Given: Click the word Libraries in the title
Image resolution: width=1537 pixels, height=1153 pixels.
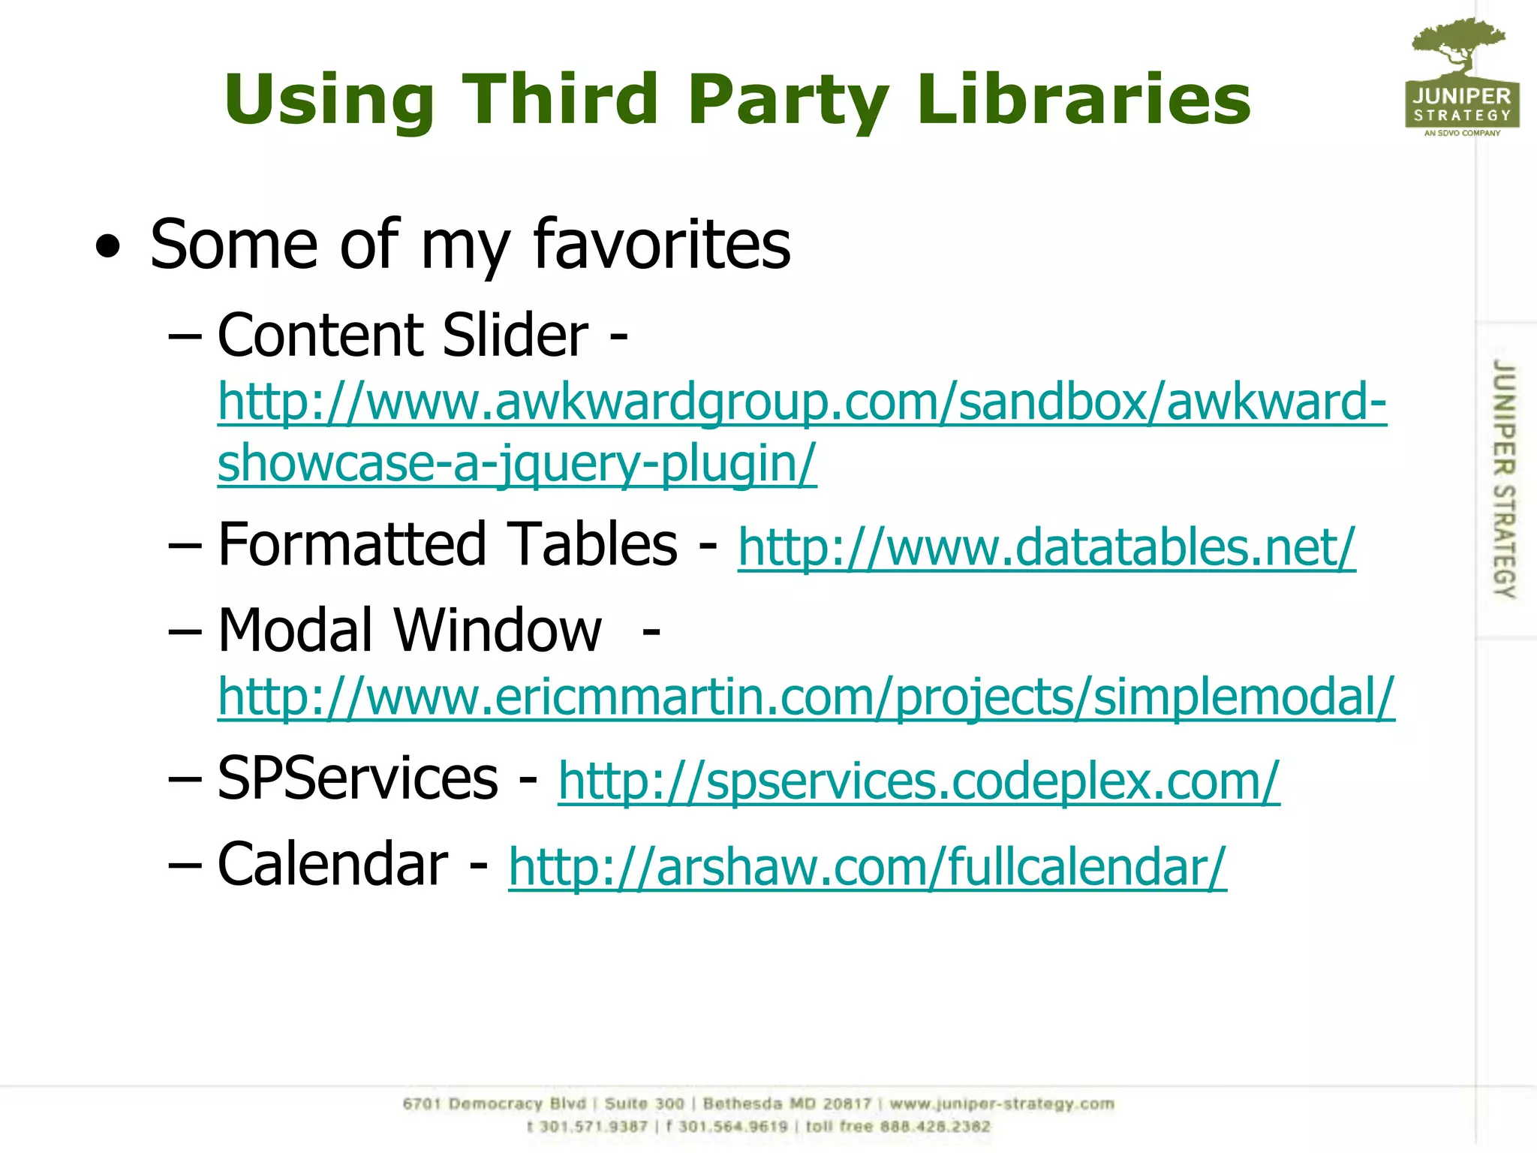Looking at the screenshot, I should pyautogui.click(x=1084, y=100).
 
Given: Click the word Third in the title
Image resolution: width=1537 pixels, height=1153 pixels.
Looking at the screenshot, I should pyautogui.click(x=560, y=100).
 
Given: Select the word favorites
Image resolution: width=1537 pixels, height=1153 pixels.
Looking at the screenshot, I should pyautogui.click(x=661, y=245).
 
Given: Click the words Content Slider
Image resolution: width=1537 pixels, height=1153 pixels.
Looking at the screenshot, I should pyautogui.click(x=403, y=336).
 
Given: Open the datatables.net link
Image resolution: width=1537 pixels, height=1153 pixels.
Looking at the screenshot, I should pyautogui.click(x=1046, y=547).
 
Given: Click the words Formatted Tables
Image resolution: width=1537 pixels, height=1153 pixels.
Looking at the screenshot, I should pyautogui.click(x=447, y=544).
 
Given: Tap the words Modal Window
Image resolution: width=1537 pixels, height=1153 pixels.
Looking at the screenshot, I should pyautogui.click(x=410, y=631).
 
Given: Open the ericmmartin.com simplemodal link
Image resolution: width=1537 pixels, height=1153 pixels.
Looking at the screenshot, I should pyautogui.click(x=806, y=697).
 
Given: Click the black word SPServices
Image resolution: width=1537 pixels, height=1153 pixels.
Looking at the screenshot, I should pyautogui.click(x=357, y=779).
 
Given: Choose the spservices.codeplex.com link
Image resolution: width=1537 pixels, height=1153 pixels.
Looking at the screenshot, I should pyautogui.click(x=919, y=781).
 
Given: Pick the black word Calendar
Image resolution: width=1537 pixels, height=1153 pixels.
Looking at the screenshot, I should pyautogui.click(x=332, y=865).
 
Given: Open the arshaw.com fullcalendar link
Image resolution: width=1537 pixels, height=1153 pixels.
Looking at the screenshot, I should pyautogui.click(x=868, y=867).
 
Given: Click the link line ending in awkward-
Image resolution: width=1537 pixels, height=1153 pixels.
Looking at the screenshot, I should pyautogui.click(x=802, y=402).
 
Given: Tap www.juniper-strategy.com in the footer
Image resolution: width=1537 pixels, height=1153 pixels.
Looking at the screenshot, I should pyautogui.click(x=1002, y=1104).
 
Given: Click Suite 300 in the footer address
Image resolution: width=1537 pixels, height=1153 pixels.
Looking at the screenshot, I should pyautogui.click(x=645, y=1104).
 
